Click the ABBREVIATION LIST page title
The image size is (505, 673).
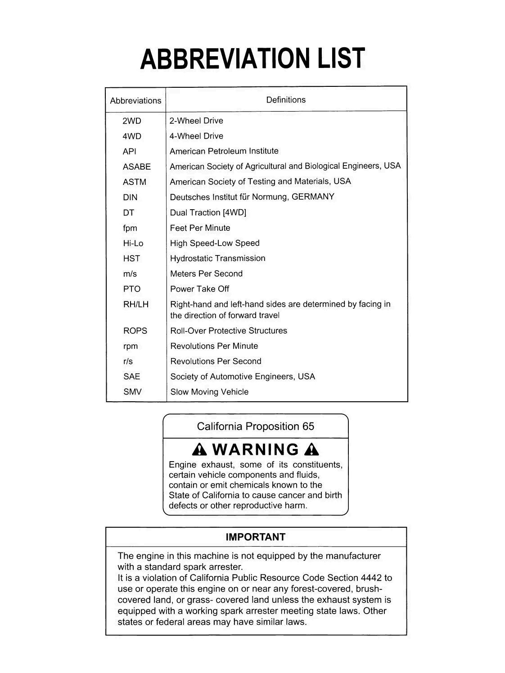pyautogui.click(x=252, y=59)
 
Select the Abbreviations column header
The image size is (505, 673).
pyautogui.click(x=135, y=101)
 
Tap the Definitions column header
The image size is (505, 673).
pyautogui.click(x=286, y=100)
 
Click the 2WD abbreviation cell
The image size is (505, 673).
pyautogui.click(x=131, y=121)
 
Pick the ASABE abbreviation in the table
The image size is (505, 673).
pyautogui.click(x=136, y=167)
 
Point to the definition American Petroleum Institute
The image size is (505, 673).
pyautogui.click(x=224, y=151)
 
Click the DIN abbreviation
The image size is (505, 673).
pyautogui.click(x=130, y=197)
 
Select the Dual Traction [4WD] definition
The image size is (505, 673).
pyautogui.click(x=208, y=212)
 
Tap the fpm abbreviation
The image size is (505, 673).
pyautogui.click(x=130, y=228)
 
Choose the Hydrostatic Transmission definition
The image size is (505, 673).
pyautogui.click(x=217, y=258)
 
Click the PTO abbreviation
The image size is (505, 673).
pyautogui.click(x=131, y=289)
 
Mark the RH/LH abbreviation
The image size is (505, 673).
pyautogui.click(x=135, y=305)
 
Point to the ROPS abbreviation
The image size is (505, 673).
pyautogui.click(x=135, y=331)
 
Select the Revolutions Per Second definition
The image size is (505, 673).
pyautogui.click(x=216, y=361)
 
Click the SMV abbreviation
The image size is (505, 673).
pyautogui.click(x=132, y=392)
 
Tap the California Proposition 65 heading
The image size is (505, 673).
pyautogui.click(x=255, y=426)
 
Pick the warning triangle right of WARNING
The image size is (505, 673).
pyautogui.click(x=311, y=449)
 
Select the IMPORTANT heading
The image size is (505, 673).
pyautogui.click(x=255, y=537)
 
